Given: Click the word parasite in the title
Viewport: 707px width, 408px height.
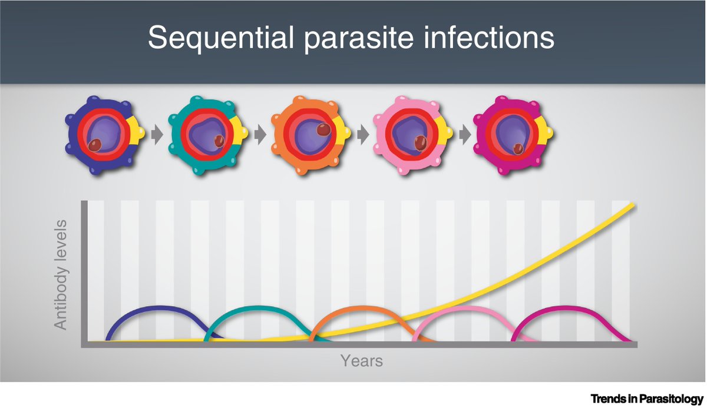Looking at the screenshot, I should pyautogui.click(x=348, y=39).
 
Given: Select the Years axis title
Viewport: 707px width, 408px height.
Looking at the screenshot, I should pyautogui.click(x=361, y=360).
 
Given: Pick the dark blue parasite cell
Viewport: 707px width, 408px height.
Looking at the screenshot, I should pyautogui.click(x=100, y=135).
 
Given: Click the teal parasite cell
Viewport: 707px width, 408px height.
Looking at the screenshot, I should pyautogui.click(x=204, y=135).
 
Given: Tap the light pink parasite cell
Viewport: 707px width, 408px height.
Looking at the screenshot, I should pyautogui.click(x=409, y=135).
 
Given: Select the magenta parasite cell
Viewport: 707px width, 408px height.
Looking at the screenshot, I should pyautogui.click(x=510, y=135).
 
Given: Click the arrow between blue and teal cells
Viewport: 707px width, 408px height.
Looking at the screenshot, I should pyautogui.click(x=156, y=135).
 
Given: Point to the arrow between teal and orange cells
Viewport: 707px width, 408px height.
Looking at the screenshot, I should pyautogui.click(x=259, y=135).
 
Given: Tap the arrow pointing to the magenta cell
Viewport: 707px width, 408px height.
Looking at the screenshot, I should pyautogui.click(x=464, y=135).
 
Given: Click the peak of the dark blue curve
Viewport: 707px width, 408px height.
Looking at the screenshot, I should pyautogui.click(x=156, y=307).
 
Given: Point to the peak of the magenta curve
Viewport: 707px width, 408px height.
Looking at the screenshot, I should pyautogui.click(x=564, y=307).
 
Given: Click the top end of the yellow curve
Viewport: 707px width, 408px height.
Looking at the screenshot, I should pyautogui.click(x=633, y=205).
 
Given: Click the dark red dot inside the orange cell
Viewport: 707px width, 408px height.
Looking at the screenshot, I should pyautogui.click(x=323, y=130).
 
